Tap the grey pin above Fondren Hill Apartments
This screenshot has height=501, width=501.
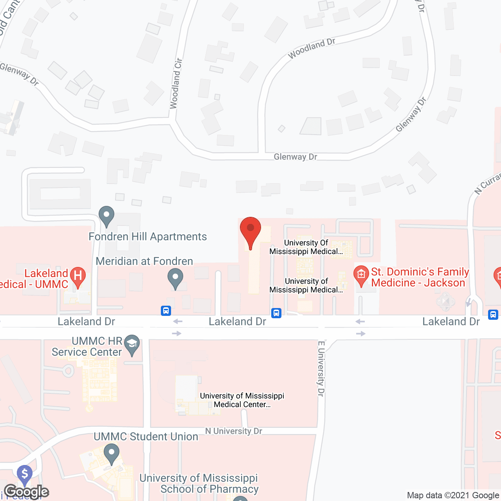[106, 215]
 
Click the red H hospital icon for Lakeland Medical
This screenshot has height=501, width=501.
[77, 276]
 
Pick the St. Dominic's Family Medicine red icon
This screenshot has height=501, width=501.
[361, 275]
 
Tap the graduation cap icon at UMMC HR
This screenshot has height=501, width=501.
[132, 344]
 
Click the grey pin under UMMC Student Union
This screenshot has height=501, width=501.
[112, 454]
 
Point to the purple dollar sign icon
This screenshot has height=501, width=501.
[25, 474]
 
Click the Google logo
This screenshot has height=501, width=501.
[27, 491]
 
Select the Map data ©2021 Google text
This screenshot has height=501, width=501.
[453, 495]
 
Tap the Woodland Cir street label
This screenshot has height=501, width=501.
[176, 83]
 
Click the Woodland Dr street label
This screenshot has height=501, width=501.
[312, 48]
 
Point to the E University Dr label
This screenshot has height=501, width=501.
[321, 369]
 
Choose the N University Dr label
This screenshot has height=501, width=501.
[234, 431]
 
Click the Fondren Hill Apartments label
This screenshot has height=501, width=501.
[148, 237]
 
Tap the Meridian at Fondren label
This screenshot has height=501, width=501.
[144, 261]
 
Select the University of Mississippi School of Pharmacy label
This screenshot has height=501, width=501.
[199, 483]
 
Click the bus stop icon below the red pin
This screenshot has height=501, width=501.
[276, 313]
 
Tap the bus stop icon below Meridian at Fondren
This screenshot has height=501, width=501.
[166, 311]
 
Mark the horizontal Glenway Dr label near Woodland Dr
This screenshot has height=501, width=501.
[296, 157]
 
